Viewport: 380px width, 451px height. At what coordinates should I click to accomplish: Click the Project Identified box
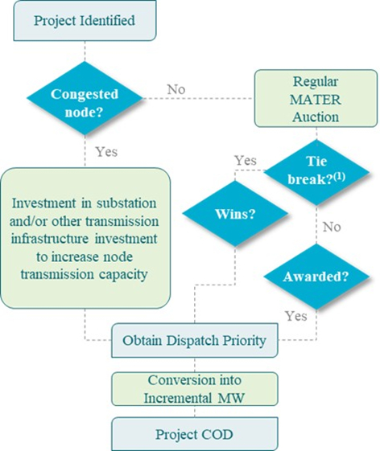85,20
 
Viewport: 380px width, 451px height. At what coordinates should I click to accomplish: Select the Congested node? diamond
85,98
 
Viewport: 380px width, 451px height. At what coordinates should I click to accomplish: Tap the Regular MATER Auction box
316,98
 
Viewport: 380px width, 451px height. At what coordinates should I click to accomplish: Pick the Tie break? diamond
316,172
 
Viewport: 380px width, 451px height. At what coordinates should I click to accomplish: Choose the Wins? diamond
235,214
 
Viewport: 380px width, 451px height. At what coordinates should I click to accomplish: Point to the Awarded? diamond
316,277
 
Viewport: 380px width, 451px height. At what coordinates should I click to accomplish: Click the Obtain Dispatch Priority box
195,340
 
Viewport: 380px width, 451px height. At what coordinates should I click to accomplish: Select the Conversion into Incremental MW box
195,389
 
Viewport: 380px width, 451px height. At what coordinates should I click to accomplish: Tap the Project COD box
195,434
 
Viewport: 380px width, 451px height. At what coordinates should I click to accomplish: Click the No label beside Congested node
176,89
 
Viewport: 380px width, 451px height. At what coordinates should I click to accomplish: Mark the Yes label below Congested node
106,152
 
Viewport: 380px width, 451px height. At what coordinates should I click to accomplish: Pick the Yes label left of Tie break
246,160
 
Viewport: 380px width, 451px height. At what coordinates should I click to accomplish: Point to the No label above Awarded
332,227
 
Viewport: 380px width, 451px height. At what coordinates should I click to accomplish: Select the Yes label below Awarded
296,316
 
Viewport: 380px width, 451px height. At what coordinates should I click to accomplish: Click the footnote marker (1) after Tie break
339,176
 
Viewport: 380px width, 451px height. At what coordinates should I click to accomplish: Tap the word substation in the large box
126,203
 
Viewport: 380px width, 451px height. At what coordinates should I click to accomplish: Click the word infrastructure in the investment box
50,239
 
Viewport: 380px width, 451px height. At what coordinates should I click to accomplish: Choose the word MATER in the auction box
316,100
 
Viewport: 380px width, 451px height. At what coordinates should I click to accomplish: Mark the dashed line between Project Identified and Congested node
85,51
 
